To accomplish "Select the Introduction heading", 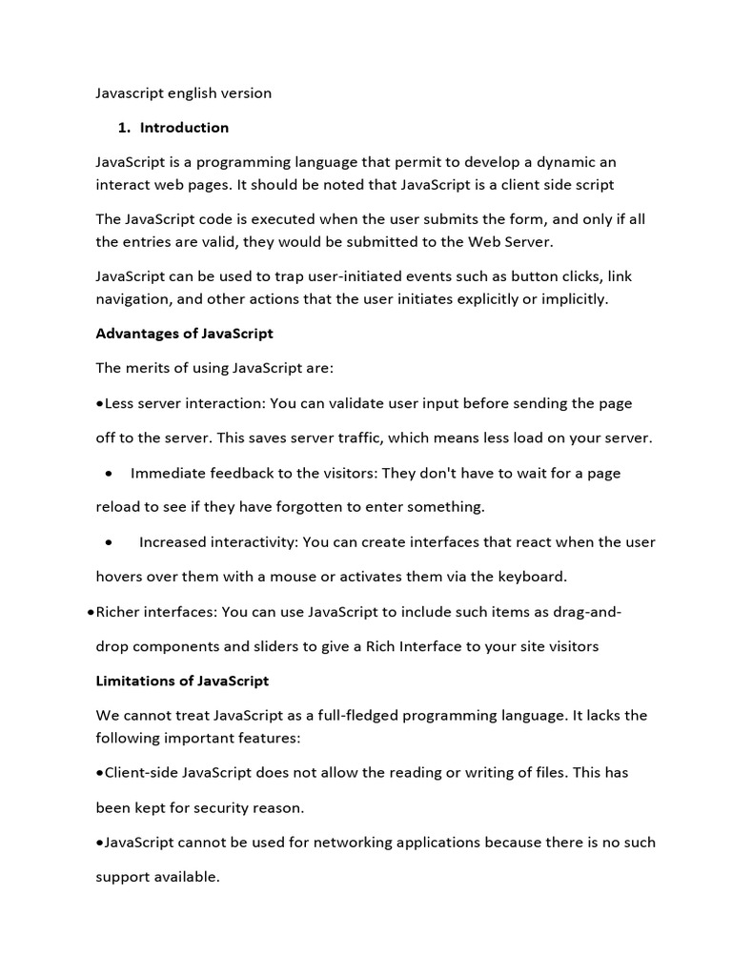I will pyautogui.click(x=184, y=128).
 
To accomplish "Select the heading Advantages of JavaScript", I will pyautogui.click(x=184, y=334).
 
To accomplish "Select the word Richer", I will pyautogui.click(x=121, y=612).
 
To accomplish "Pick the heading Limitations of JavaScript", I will pyautogui.click(x=182, y=681).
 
